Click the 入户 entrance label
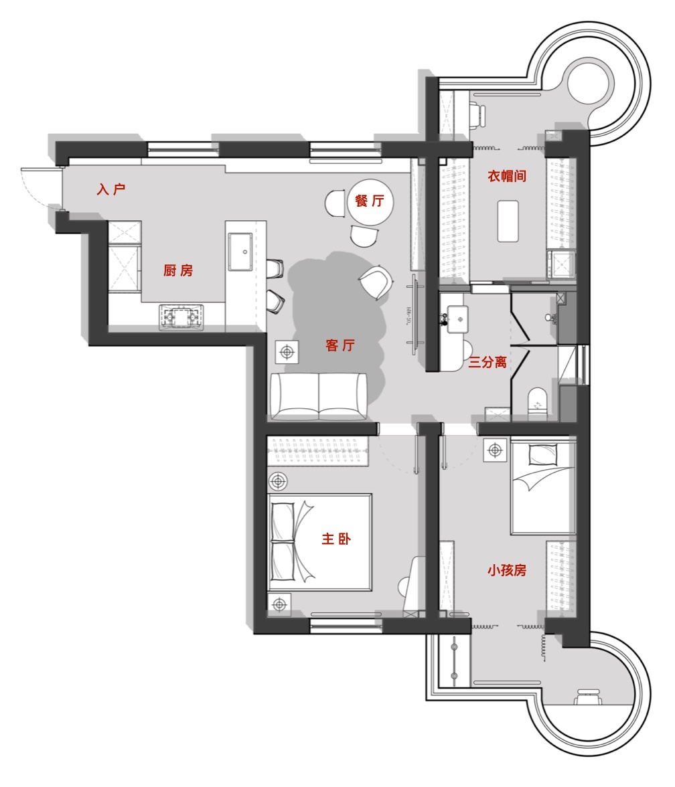coord(111,189)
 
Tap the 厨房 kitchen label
coord(178,270)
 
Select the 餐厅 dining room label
coord(370,201)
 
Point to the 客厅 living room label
coord(340,345)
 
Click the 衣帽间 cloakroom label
coord(507,176)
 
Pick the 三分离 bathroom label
coord(487,362)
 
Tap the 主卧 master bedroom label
coord(336,539)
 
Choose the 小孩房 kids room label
coord(507,570)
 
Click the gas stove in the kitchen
coord(182,317)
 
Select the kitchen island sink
coord(240,251)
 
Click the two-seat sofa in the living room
coord(319,396)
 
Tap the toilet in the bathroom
coord(537,401)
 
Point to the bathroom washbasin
coord(458,319)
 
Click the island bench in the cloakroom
coord(508,222)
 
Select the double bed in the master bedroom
coord(320,542)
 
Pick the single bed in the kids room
coord(543,487)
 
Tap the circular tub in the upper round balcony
coord(590,82)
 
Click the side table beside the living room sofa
coord(287,352)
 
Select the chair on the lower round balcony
coord(588,697)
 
